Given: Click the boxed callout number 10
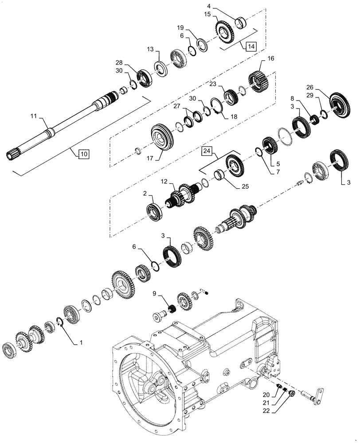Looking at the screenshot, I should pyautogui.click(x=84, y=155).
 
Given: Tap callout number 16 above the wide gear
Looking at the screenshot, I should pyautogui.click(x=270, y=58).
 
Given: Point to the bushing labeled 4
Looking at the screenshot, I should pyautogui.click(x=242, y=22).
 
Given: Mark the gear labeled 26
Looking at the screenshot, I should pyautogui.click(x=340, y=104).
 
